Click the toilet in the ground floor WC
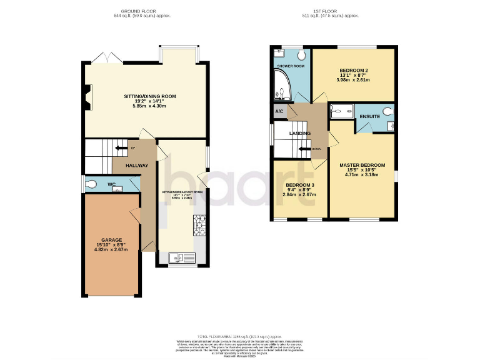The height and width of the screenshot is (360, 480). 92,184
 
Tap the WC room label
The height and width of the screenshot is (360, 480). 111,184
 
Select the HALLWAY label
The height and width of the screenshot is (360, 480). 137,166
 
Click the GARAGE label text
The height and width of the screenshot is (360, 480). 112,240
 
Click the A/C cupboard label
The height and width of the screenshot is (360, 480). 279,111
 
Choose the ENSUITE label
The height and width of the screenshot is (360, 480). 369,116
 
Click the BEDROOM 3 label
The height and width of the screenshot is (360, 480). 300,186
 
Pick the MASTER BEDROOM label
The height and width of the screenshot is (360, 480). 362,165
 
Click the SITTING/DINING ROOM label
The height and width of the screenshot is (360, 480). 149,97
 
